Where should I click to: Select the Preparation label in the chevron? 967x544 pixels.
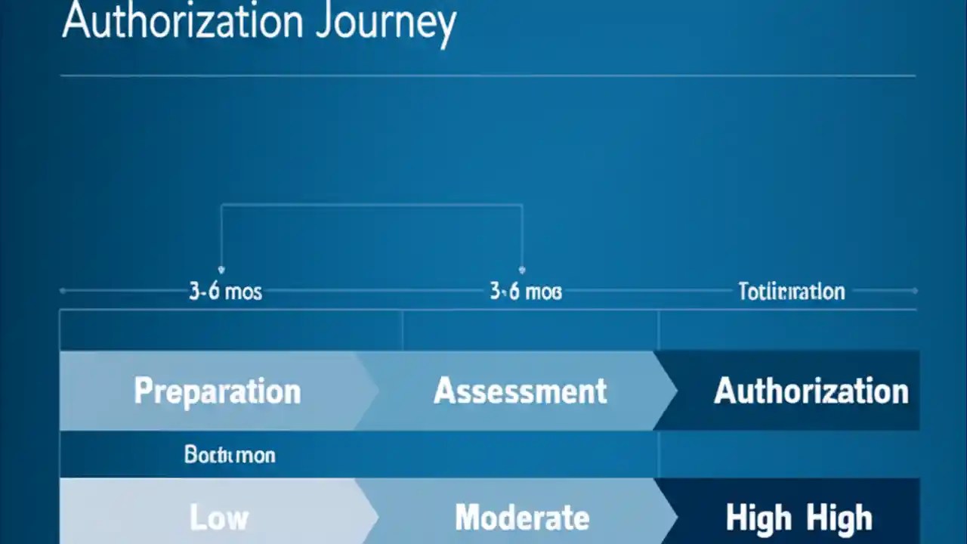(x=217, y=391)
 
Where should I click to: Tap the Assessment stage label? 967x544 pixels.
(x=520, y=391)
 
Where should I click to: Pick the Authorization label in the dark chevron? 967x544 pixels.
(x=811, y=391)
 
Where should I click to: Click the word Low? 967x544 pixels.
(x=218, y=518)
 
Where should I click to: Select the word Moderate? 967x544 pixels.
(x=521, y=518)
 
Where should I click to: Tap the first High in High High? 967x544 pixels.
(x=758, y=518)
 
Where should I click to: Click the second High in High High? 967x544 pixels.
(x=839, y=518)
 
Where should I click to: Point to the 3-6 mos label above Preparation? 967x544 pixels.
(x=225, y=292)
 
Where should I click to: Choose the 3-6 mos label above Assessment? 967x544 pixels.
(x=525, y=292)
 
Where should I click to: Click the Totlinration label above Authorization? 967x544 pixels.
(x=791, y=292)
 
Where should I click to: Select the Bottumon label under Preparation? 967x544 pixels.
(x=230, y=455)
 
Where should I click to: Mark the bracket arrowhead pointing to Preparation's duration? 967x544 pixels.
(x=221, y=269)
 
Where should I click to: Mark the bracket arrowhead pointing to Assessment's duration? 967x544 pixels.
(x=522, y=269)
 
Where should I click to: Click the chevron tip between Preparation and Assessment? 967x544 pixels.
(x=377, y=391)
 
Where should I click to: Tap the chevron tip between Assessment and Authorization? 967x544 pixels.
(x=676, y=391)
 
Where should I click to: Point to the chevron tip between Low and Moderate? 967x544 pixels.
(x=377, y=518)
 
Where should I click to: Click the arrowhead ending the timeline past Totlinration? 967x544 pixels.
(x=915, y=290)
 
